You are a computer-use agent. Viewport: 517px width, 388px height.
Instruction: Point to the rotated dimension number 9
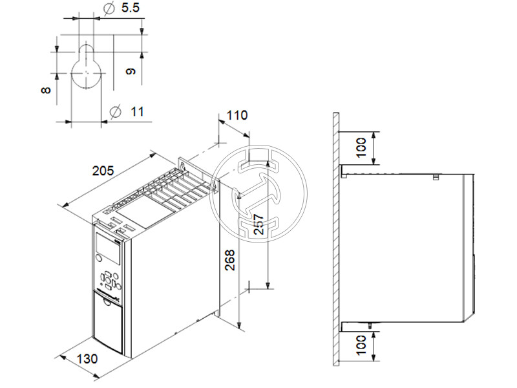point(131,72)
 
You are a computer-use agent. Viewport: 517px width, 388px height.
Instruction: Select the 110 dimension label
point(237,116)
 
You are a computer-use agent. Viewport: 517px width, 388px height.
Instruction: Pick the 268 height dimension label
point(229,260)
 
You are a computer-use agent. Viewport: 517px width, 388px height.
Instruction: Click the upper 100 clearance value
point(362,148)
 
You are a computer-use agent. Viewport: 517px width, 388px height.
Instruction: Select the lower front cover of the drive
point(109,323)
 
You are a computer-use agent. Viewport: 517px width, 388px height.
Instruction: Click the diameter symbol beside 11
point(116,111)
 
